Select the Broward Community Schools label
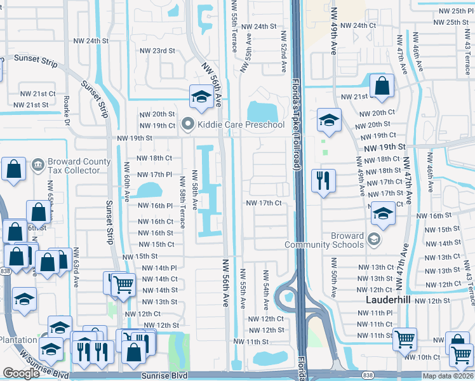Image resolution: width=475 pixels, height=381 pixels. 324,240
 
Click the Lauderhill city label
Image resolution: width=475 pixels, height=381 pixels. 389,298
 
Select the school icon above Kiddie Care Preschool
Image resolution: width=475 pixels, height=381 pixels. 201,97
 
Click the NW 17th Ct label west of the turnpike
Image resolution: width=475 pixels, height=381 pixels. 264,203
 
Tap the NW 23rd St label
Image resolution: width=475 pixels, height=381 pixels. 157,50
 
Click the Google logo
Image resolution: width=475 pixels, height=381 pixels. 22,373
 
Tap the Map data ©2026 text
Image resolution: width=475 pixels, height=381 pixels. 446,376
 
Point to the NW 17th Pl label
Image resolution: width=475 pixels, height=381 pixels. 155,174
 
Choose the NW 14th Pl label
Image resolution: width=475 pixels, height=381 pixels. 159,269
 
